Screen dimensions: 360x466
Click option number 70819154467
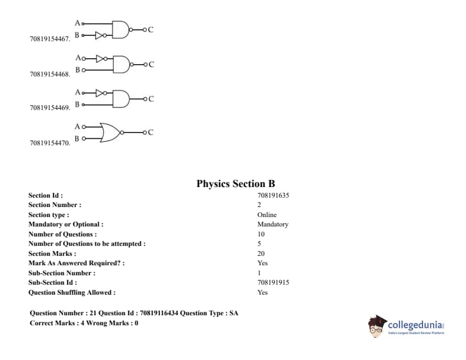click(50, 39)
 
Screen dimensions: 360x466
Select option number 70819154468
click(50, 74)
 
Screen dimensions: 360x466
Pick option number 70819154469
click(50, 108)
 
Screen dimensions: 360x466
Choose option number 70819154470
click(50, 143)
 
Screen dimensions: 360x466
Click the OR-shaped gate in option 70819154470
click(110, 132)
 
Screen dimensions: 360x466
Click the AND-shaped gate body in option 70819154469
click(121, 98)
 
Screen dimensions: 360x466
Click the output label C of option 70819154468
click(151, 65)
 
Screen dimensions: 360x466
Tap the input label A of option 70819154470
click(77, 126)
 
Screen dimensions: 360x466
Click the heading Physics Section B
click(235, 184)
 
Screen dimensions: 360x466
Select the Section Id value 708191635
click(273, 195)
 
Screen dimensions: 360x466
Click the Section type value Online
click(267, 215)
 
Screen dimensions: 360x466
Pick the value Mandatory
click(272, 224)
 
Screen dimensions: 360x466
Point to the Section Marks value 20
click(261, 254)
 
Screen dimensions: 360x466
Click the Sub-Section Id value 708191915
click(273, 282)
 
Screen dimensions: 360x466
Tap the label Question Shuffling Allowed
click(72, 292)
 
